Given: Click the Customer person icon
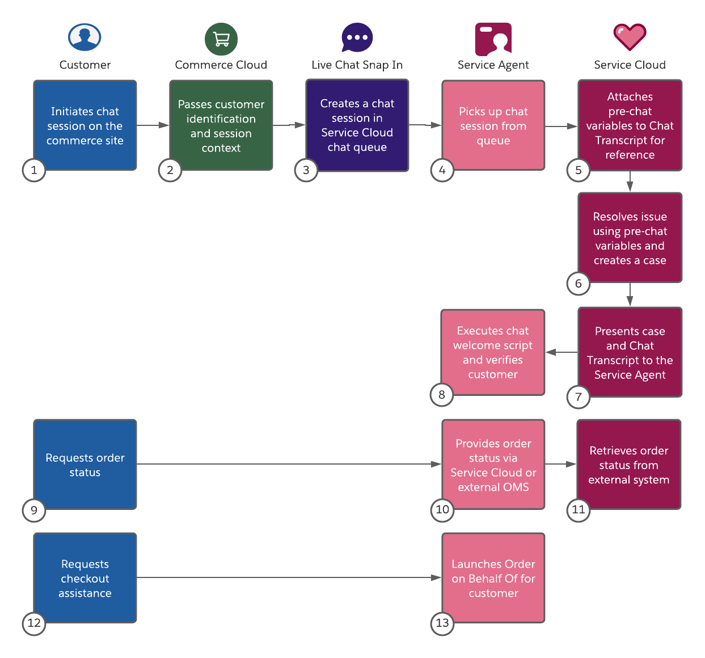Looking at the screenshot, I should click(x=85, y=37).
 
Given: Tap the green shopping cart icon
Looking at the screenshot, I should click(x=221, y=39).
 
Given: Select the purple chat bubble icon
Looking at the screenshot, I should click(x=357, y=37).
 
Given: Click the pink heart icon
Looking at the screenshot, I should click(x=630, y=37).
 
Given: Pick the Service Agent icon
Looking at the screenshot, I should click(x=493, y=39).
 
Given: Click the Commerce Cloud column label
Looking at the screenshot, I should click(x=221, y=65).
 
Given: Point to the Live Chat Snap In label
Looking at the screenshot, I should click(x=357, y=65).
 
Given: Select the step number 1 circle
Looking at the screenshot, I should click(x=34, y=170).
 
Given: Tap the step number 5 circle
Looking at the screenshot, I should click(x=579, y=170).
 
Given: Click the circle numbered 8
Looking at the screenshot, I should click(x=442, y=395).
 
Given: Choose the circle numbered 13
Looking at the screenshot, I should click(x=442, y=623).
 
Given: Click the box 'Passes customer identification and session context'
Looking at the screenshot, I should click(x=221, y=125).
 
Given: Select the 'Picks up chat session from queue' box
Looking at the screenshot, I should click(x=493, y=125).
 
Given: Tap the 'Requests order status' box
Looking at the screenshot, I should click(x=85, y=465).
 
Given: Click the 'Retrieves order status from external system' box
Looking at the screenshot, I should click(x=628, y=465).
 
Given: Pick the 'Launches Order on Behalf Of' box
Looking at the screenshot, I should click(x=493, y=578).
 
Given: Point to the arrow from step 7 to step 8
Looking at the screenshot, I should click(x=562, y=352).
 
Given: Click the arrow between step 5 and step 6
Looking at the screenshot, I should click(x=630, y=182).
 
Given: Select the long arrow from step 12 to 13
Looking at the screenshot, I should click(x=289, y=577).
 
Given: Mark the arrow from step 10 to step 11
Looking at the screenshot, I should click(x=561, y=464).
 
